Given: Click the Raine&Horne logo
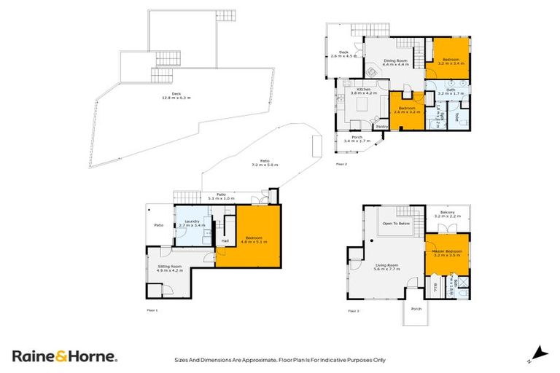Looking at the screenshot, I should (64, 356).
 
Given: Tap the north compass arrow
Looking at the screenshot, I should (539, 353).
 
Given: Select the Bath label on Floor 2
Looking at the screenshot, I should (446, 92).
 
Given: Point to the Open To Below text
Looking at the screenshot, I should (397, 224).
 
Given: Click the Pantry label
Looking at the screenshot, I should (382, 126).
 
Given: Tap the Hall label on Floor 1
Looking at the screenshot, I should (225, 241).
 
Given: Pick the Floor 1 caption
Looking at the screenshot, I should (152, 311).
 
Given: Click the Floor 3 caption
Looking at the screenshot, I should (353, 311).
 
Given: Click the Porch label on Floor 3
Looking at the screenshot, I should (416, 308).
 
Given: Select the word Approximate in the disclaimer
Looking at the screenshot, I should (262, 359).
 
